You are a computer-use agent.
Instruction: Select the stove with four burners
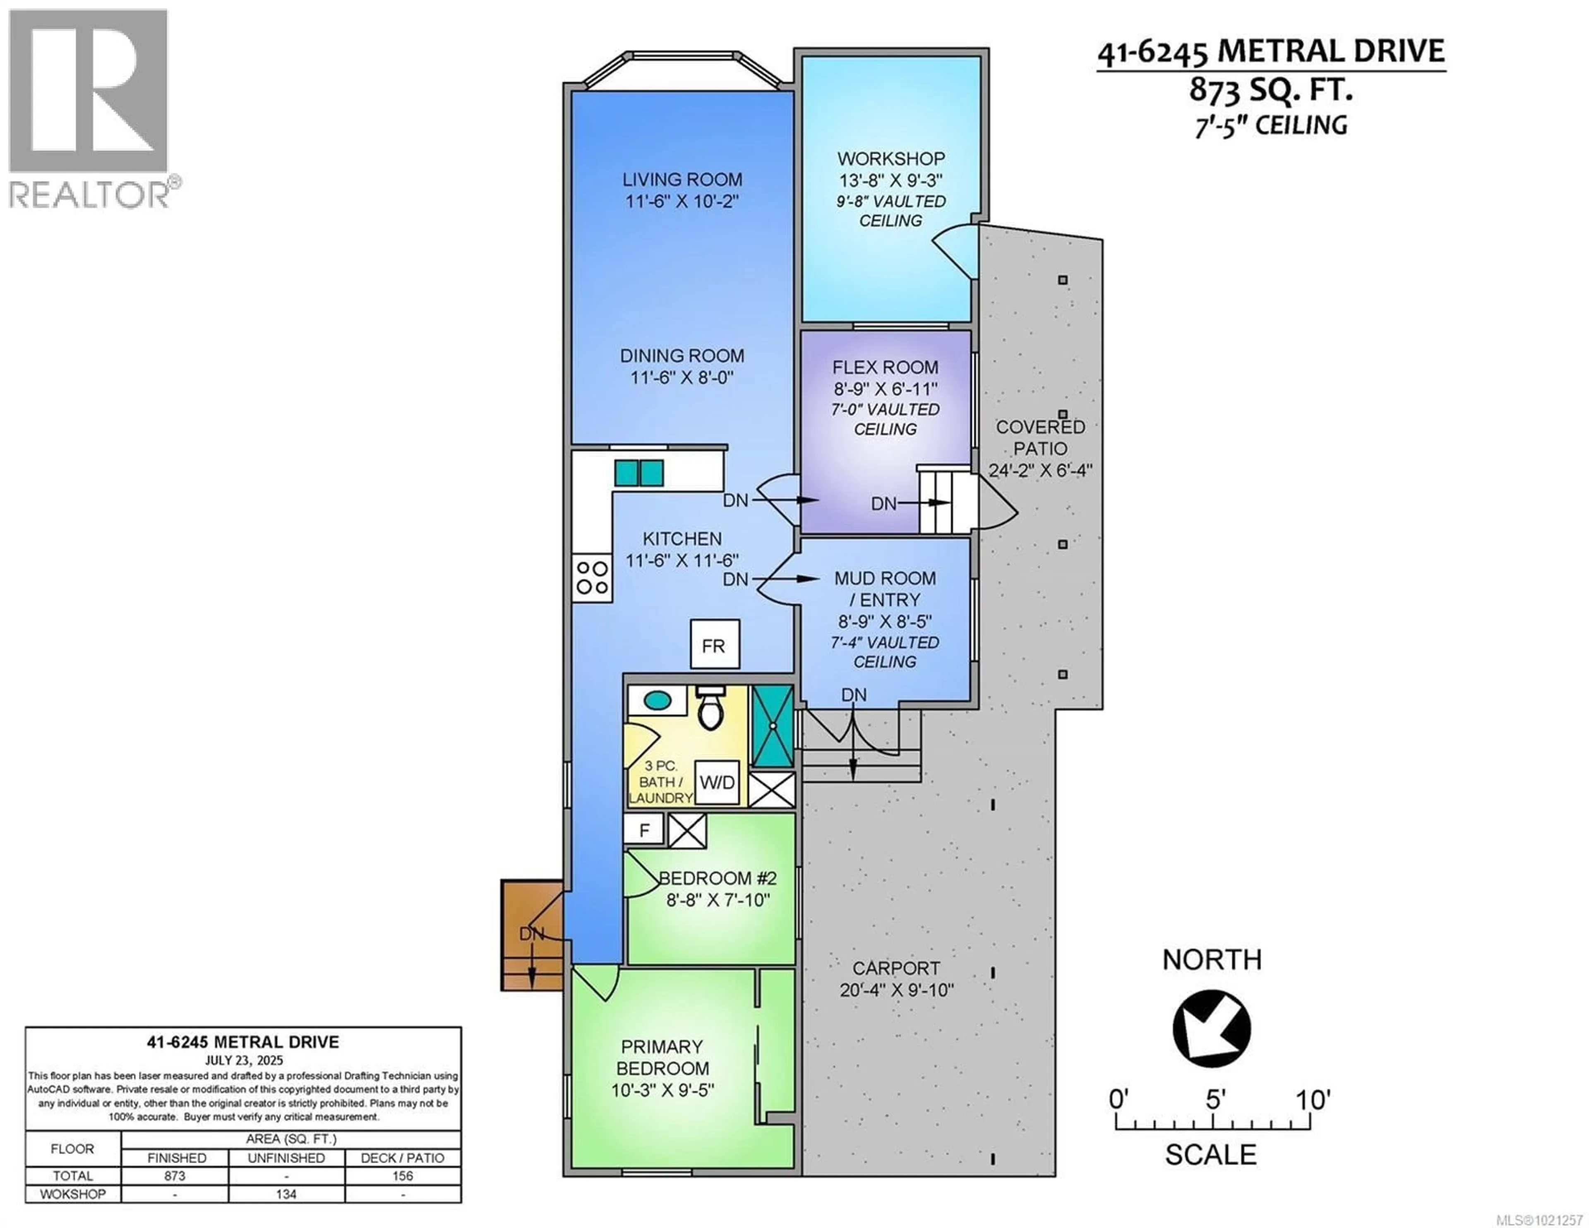[x=591, y=577]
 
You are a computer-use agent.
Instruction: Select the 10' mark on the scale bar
[x=1311, y=1099]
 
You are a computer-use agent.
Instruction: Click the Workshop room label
[x=891, y=158]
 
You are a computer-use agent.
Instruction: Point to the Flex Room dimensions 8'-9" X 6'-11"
[x=886, y=389]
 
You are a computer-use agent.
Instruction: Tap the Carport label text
[x=895, y=968]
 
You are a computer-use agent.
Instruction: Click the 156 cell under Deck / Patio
[x=402, y=1175]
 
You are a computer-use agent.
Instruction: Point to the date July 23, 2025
[x=243, y=1060]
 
